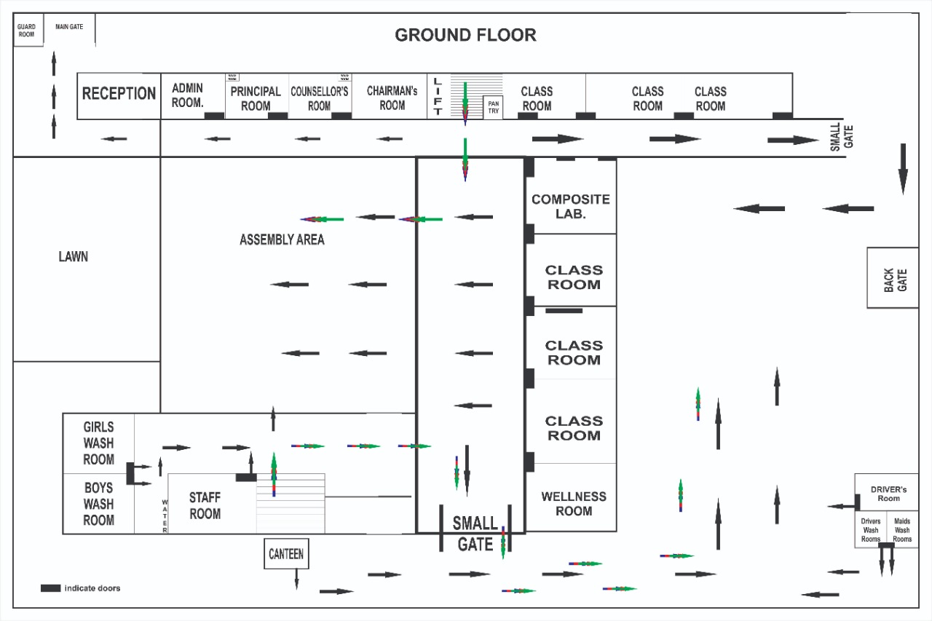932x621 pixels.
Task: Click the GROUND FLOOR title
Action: pos(465,35)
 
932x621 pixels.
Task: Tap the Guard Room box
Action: pos(27,31)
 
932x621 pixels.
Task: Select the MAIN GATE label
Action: pos(69,27)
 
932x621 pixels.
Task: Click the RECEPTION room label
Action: pos(119,93)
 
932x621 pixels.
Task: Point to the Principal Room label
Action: pos(256,98)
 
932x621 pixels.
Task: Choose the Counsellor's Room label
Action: pos(320,98)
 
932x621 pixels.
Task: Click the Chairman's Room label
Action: pos(392,98)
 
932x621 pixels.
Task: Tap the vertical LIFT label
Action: pos(438,96)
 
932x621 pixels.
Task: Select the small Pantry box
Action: pos(494,107)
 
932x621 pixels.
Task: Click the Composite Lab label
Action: pos(571,207)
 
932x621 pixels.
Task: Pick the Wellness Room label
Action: pos(574,504)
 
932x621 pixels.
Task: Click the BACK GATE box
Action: pos(893,278)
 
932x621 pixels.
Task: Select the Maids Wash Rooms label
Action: pos(902,530)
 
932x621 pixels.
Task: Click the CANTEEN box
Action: pos(286,554)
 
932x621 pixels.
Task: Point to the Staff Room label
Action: pos(205,505)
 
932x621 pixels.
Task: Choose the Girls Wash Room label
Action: pos(98,443)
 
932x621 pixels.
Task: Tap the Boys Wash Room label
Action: pos(98,504)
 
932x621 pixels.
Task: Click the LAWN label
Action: pos(73,256)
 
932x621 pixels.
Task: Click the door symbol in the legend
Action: pos(50,588)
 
